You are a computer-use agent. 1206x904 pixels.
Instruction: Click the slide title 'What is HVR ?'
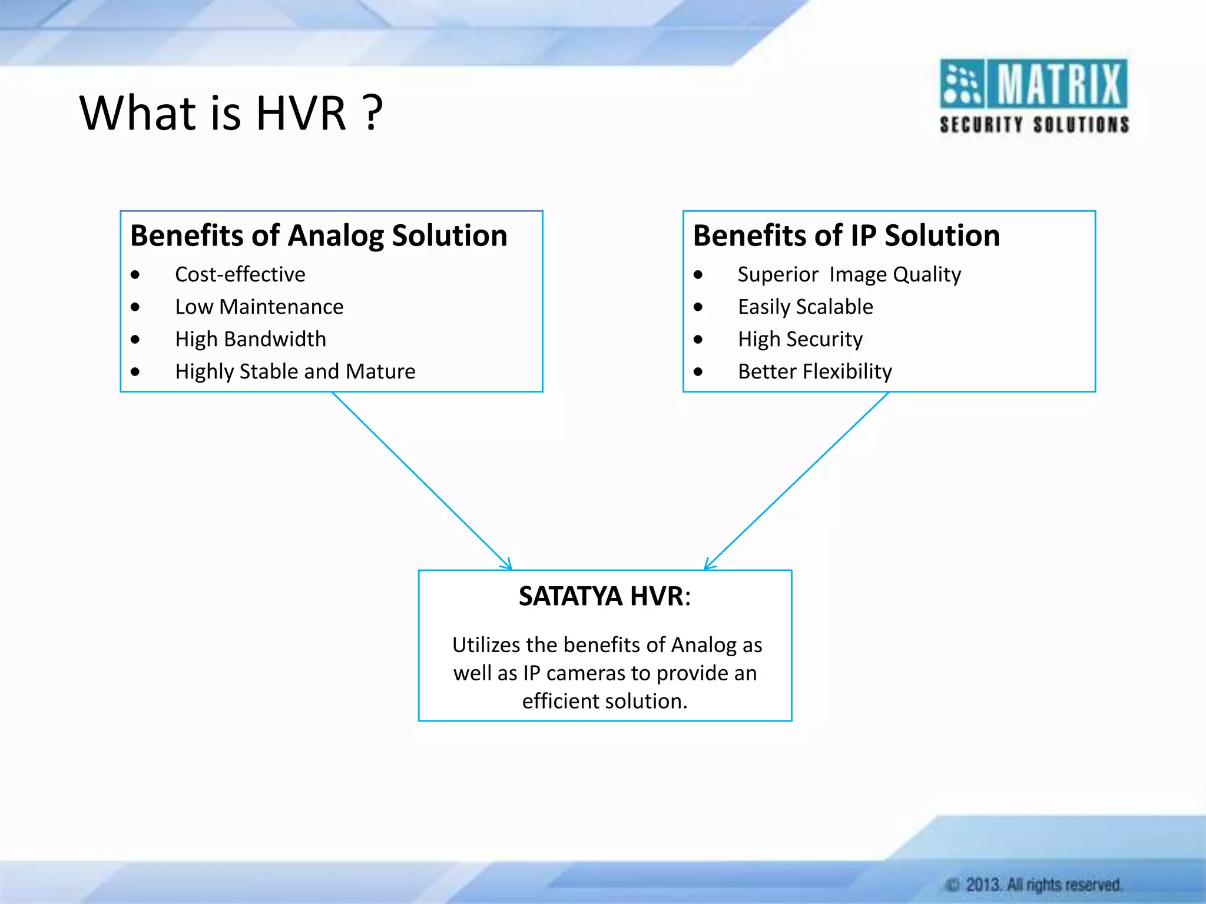coord(231,113)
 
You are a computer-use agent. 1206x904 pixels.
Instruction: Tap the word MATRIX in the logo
coord(1059,84)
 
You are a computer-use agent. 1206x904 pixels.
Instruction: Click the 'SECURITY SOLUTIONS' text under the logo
coord(1034,125)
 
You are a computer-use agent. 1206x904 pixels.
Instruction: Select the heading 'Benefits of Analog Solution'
coord(319,235)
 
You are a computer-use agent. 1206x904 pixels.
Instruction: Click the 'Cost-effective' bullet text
coord(240,274)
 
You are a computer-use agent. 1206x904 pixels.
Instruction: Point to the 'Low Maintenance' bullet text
coord(259,307)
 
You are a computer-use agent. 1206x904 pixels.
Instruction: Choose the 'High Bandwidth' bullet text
coord(250,339)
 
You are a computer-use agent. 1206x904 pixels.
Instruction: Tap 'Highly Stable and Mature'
coord(295,371)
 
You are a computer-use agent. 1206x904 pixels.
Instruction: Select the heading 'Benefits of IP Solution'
coord(846,235)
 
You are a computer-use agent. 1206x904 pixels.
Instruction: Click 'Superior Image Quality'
coord(849,274)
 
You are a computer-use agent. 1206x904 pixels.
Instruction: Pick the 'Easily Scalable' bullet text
coord(805,307)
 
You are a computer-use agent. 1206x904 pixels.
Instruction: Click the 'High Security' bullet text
coord(800,339)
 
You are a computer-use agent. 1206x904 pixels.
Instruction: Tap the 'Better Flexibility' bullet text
coord(814,371)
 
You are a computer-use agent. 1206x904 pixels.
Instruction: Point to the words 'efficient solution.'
coord(605,701)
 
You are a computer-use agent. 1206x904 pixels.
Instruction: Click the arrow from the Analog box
coord(422,480)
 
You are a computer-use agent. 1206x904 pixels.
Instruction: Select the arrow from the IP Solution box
coord(797,480)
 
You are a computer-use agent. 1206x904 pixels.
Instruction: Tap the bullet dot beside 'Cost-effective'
coord(135,275)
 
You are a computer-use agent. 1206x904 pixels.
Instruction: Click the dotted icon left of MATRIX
coord(961,84)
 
